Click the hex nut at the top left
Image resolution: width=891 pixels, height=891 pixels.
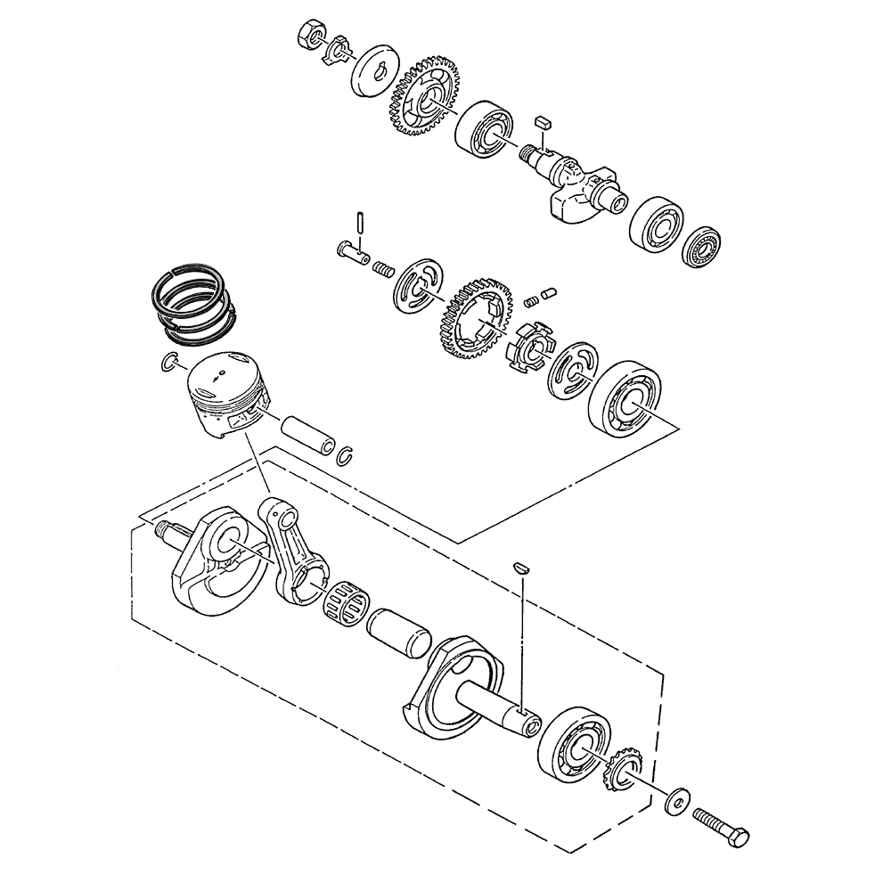(x=306, y=33)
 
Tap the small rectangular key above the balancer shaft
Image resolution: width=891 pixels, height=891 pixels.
(x=543, y=120)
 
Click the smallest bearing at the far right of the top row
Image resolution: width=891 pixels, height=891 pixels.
(x=704, y=243)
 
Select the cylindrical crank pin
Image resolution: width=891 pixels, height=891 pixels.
(x=397, y=633)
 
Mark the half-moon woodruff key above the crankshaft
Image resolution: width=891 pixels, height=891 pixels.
(x=522, y=566)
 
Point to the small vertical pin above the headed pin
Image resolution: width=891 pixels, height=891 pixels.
(x=357, y=222)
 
